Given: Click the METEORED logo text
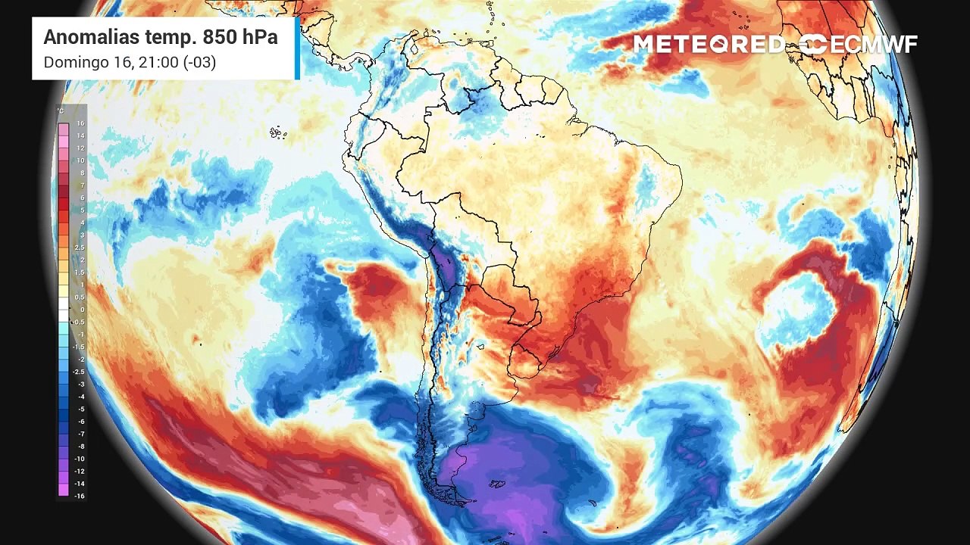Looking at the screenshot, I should [x=709, y=44].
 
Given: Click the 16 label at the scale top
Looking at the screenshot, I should [x=80, y=123].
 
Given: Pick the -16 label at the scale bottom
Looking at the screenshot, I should [x=79, y=495].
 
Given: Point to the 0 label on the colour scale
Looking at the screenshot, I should [x=81, y=310].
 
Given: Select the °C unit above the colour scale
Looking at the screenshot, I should [x=61, y=111].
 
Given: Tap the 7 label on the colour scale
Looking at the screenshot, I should [x=81, y=185].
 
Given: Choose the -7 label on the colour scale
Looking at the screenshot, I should [x=80, y=433].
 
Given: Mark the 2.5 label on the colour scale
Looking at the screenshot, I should [x=80, y=248].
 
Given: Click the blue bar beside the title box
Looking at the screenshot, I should [x=297, y=48].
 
